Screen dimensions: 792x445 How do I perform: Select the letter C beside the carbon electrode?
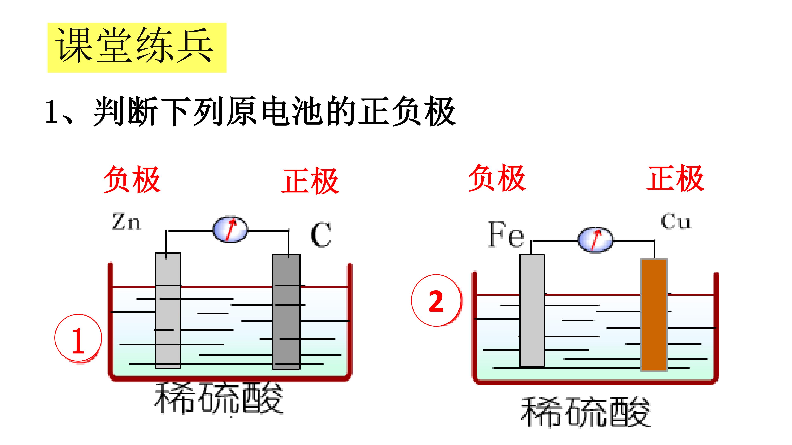(x=321, y=235)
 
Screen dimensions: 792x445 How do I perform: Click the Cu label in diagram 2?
(x=676, y=221)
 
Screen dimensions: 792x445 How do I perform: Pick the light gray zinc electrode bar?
(x=168, y=310)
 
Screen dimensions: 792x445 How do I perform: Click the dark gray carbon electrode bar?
(x=286, y=312)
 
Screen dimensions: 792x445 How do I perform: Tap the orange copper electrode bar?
(x=654, y=315)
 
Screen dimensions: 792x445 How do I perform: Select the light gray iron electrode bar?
(x=532, y=310)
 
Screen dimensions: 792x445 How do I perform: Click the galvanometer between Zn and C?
(x=230, y=230)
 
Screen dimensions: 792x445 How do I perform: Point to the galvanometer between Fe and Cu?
(x=595, y=240)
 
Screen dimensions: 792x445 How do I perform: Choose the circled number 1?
(x=78, y=338)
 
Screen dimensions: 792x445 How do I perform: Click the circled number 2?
(x=436, y=300)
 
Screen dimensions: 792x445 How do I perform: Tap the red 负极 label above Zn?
(x=132, y=180)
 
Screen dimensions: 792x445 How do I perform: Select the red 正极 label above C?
(x=310, y=181)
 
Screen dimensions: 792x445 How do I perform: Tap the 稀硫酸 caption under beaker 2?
(x=586, y=412)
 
